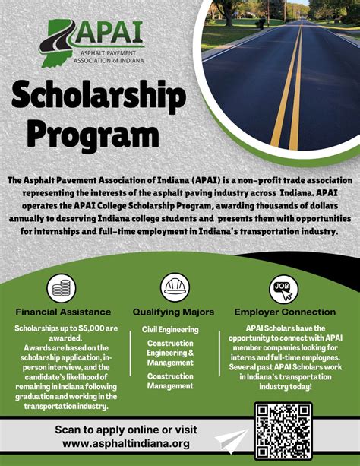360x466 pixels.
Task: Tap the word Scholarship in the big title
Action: pyautogui.click(x=99, y=97)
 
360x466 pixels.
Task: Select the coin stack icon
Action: pyautogui.click(x=62, y=289)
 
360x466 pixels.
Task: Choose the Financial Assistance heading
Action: pyautogui.click(x=64, y=312)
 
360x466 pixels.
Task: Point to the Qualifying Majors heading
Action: pyautogui.click(x=173, y=312)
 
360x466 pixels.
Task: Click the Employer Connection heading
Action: pyautogui.click(x=285, y=312)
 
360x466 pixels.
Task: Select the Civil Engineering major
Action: pyautogui.click(x=170, y=330)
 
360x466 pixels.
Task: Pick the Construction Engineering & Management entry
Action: pyautogui.click(x=170, y=353)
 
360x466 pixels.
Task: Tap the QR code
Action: pyautogui.click(x=283, y=430)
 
